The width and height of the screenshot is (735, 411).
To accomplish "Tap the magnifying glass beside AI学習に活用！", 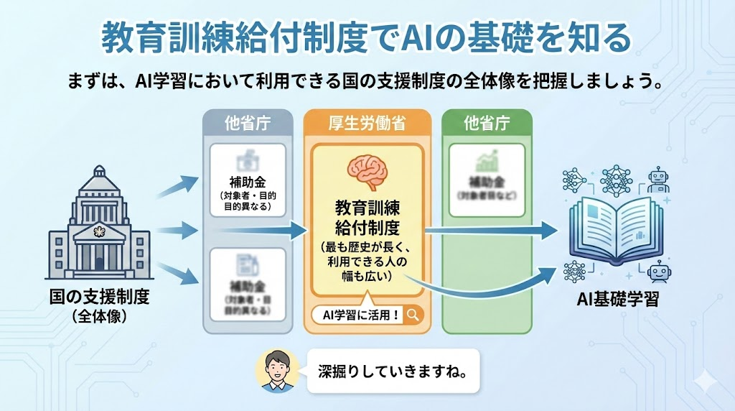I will (413, 314).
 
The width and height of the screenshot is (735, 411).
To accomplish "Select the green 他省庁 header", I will (487, 123).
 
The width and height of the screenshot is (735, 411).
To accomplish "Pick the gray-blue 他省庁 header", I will (247, 123).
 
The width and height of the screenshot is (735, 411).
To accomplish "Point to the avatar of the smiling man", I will (276, 371).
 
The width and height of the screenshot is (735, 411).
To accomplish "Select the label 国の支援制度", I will (99, 297).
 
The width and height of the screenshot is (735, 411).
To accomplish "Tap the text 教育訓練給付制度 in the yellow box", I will (367, 218).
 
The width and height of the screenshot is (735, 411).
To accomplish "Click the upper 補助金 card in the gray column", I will (248, 180).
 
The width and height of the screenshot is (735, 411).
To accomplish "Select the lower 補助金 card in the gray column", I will (248, 284).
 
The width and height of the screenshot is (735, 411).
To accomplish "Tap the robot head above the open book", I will (657, 179).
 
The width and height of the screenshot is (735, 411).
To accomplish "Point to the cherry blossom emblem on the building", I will (99, 231).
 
